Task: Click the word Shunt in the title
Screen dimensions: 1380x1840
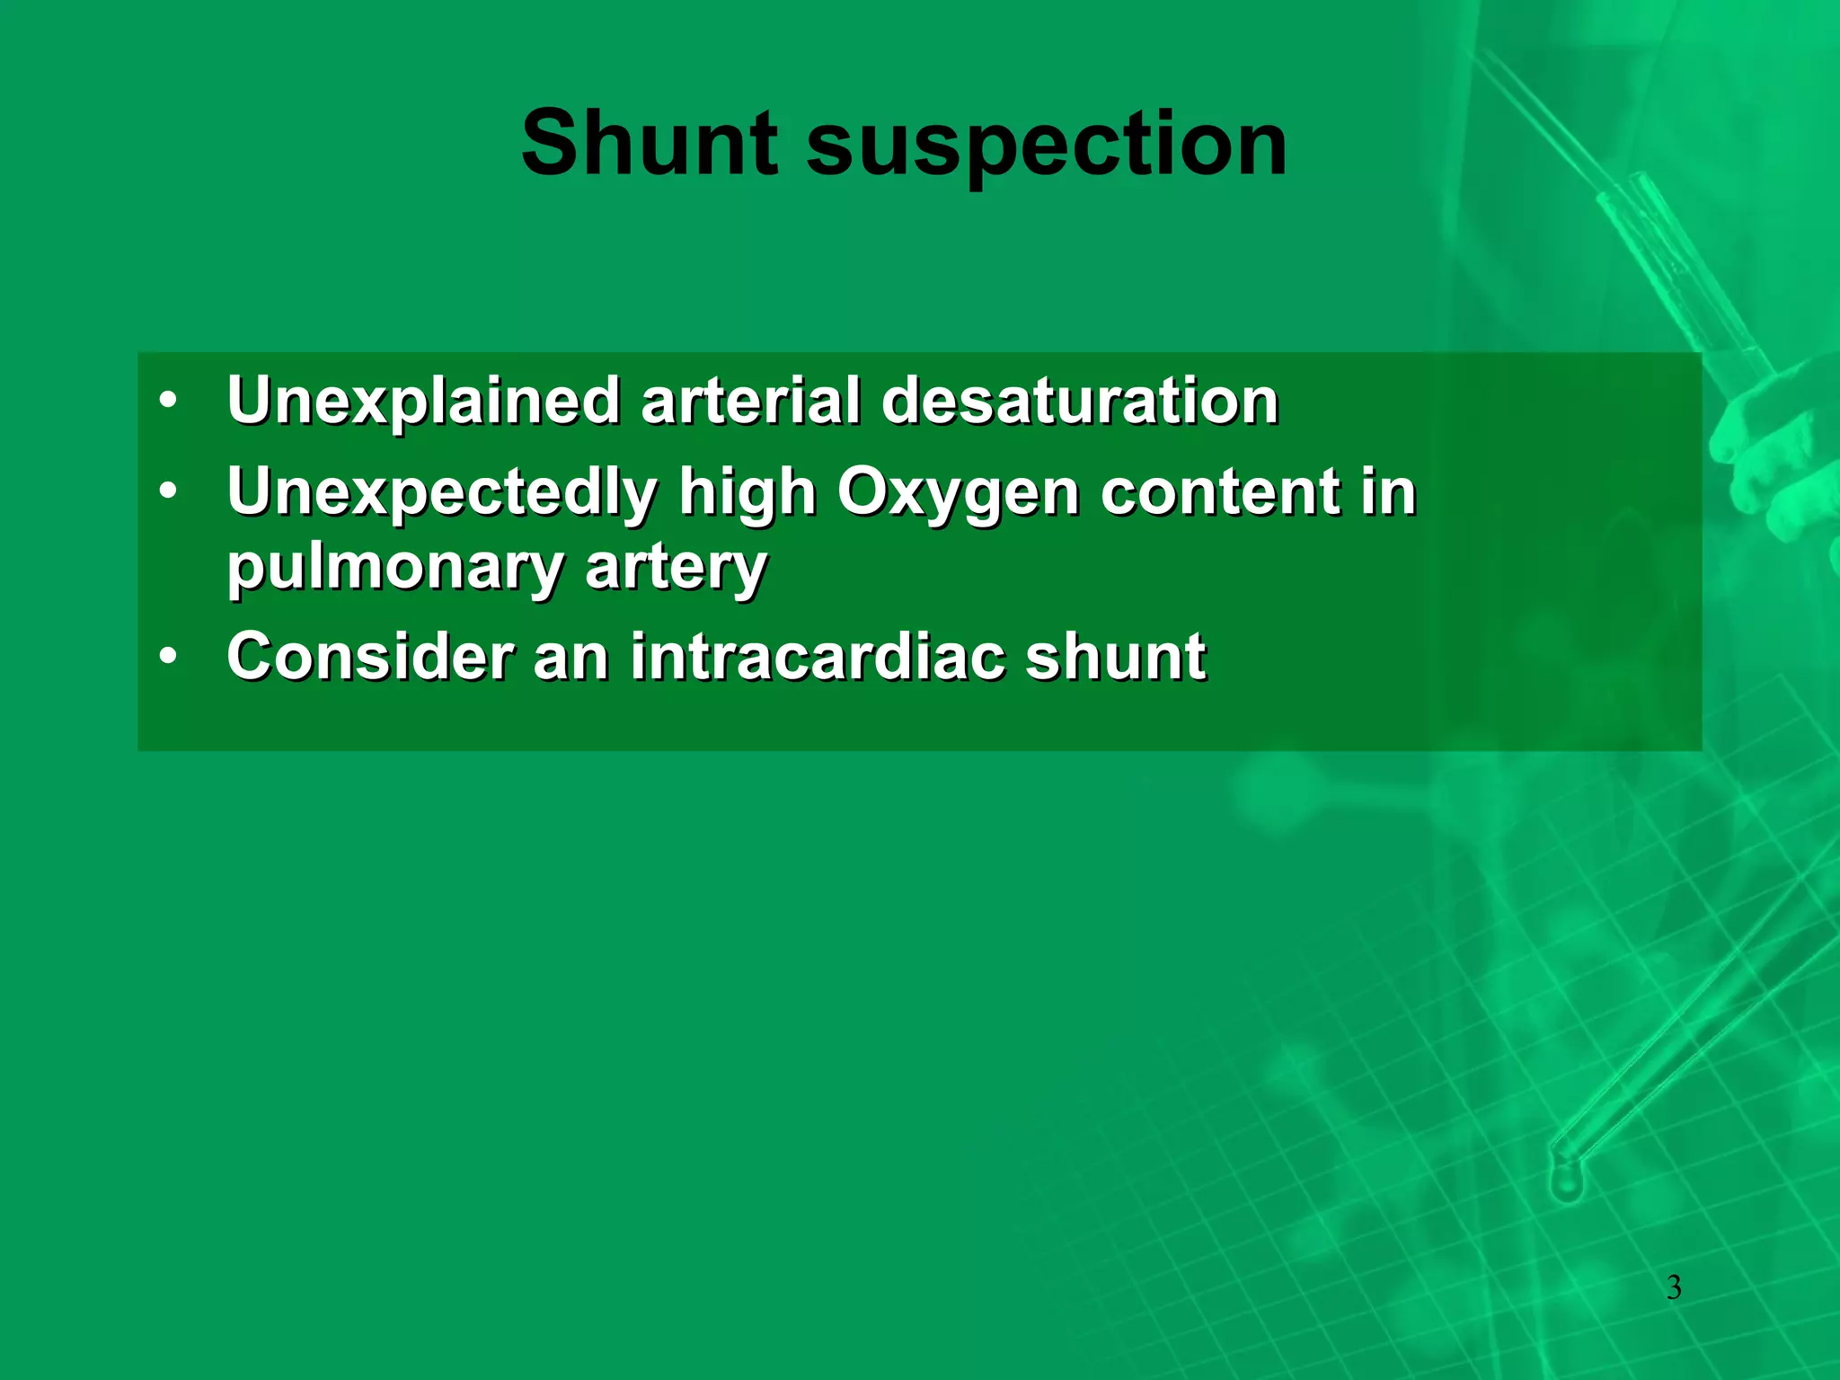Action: tap(649, 144)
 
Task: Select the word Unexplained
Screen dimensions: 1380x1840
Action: tap(423, 402)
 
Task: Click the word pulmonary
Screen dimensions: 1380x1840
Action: tap(394, 569)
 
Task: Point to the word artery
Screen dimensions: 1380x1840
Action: tap(676, 569)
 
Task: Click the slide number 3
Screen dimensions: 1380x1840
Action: tap(1674, 1287)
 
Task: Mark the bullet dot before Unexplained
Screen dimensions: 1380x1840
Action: tap(168, 401)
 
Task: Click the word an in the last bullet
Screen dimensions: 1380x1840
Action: tap(571, 657)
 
